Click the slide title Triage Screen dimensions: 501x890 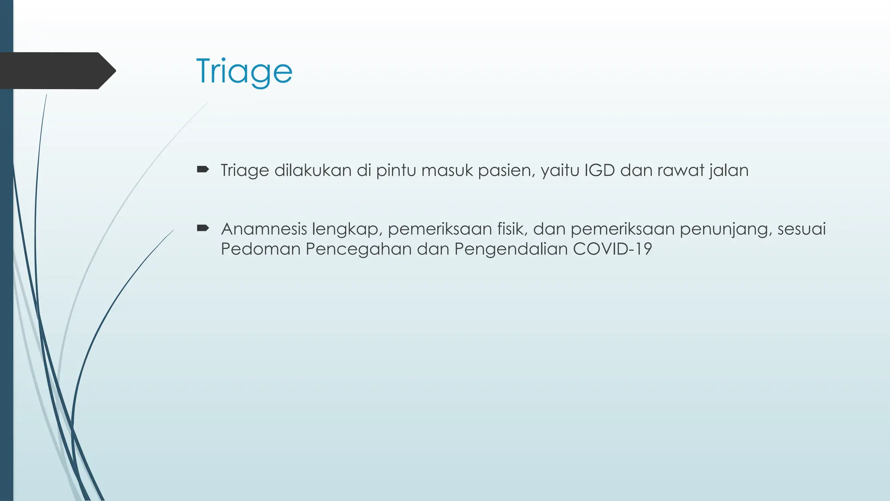click(x=244, y=71)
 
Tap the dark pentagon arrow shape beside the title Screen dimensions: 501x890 click(x=56, y=70)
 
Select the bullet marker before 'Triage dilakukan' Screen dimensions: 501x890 click(x=203, y=169)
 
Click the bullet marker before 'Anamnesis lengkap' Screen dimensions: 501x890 click(x=203, y=228)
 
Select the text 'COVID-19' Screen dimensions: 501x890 click(x=612, y=249)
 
